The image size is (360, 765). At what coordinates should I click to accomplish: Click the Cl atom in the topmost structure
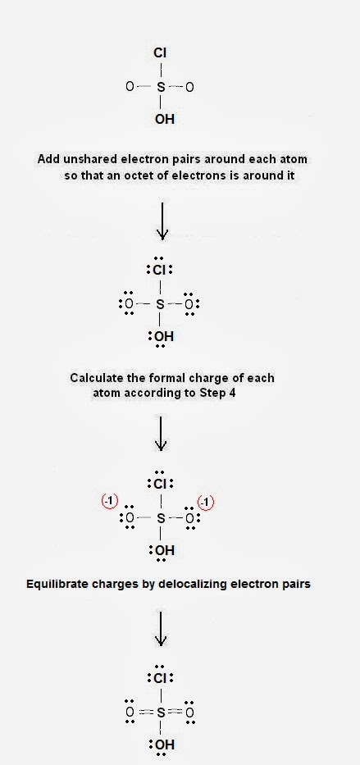(x=160, y=52)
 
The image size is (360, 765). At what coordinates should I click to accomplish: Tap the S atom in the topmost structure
(x=161, y=88)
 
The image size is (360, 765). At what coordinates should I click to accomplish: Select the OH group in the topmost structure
(x=164, y=120)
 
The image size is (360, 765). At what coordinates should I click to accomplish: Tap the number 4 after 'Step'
(x=231, y=394)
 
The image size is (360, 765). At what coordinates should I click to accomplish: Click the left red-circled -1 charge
(x=110, y=501)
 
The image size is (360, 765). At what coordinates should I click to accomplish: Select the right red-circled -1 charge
(x=205, y=503)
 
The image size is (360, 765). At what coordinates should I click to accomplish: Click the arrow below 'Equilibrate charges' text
(x=161, y=627)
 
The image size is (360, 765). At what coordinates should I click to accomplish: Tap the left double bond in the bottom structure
(x=145, y=713)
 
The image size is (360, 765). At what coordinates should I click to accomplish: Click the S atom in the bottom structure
(x=161, y=713)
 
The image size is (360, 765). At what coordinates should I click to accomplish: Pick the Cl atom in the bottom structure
(x=161, y=679)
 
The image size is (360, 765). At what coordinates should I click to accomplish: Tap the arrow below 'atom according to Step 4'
(x=161, y=433)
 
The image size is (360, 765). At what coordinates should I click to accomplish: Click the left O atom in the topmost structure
(x=130, y=88)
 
